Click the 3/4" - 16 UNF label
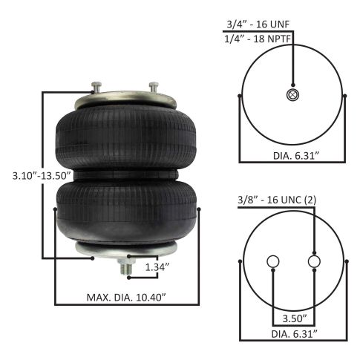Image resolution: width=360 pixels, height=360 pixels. click(x=258, y=24)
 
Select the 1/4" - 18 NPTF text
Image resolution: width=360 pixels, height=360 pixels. click(x=258, y=39)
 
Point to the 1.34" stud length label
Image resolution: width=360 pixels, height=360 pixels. click(x=157, y=267)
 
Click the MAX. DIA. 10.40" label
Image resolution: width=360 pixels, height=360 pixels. click(x=126, y=298)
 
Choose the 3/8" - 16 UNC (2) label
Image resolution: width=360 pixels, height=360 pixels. click(x=277, y=200)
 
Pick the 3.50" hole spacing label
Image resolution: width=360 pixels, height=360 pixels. click(x=295, y=318)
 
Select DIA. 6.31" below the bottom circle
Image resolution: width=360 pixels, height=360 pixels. click(x=294, y=334)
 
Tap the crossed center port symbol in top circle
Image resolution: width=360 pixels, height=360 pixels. click(x=293, y=95)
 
